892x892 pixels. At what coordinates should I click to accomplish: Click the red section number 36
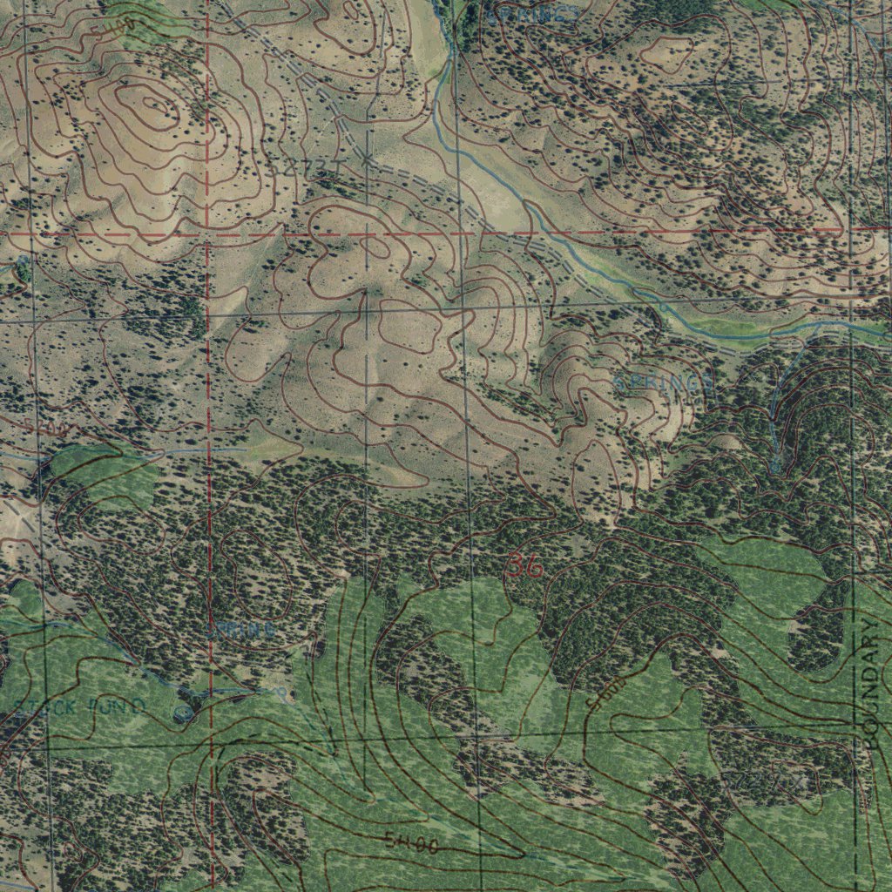tap(524, 567)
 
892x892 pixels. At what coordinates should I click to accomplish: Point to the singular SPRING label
tap(241, 628)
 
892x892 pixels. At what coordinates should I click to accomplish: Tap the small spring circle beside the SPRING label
tap(280, 693)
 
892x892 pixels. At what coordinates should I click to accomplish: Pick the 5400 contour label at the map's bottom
tap(411, 842)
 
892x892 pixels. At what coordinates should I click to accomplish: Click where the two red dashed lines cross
tap(208, 234)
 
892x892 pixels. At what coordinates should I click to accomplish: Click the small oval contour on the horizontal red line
tap(375, 246)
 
